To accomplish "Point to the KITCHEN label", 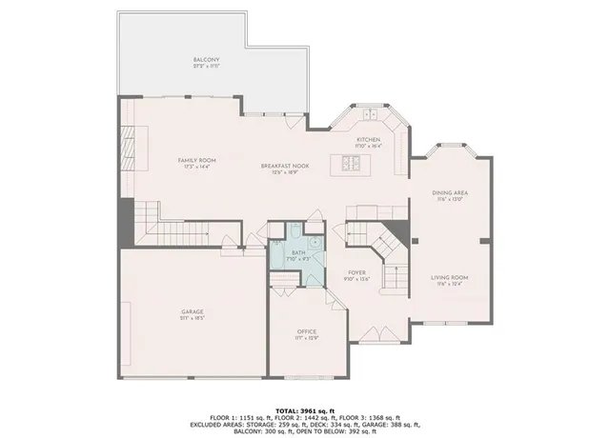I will (x=369, y=140).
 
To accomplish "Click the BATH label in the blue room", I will (x=297, y=253).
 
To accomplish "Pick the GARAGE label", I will (x=193, y=311).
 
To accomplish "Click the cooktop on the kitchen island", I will (x=350, y=163).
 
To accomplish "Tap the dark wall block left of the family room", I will (x=125, y=223).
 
